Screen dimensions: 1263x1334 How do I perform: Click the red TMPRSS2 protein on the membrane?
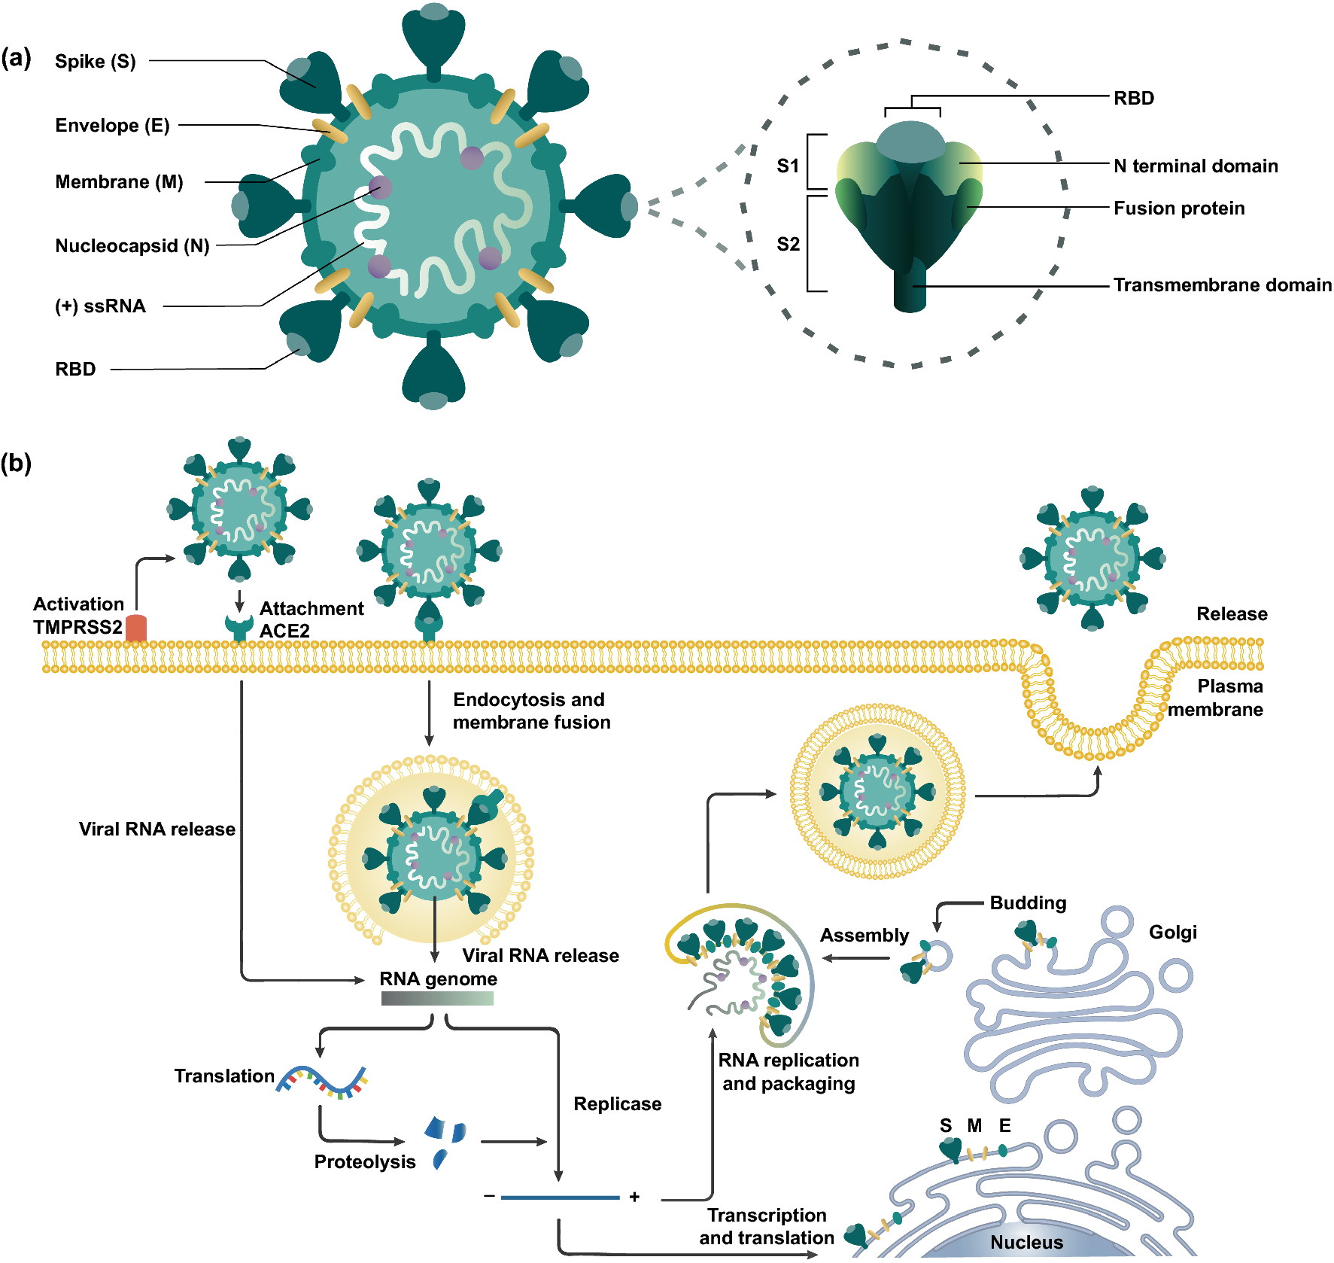pyautogui.click(x=136, y=628)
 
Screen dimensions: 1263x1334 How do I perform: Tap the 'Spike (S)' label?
pyautogui.click(x=96, y=62)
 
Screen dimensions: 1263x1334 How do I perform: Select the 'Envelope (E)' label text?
pyautogui.click(x=112, y=126)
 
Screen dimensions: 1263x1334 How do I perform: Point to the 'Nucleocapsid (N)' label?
pyautogui.click(x=132, y=246)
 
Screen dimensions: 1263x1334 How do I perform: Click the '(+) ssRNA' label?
pyautogui.click(x=100, y=306)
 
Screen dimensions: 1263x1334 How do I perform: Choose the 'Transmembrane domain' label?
pyautogui.click(x=1222, y=285)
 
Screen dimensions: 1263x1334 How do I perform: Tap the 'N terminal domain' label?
pyautogui.click(x=1196, y=166)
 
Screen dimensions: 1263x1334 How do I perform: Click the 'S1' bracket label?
pyautogui.click(x=788, y=166)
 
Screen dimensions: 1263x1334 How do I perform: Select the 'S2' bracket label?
pyautogui.click(x=788, y=244)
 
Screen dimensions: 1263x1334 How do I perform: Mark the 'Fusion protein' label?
pyautogui.click(x=1179, y=208)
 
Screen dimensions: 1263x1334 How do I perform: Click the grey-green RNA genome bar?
pyautogui.click(x=437, y=999)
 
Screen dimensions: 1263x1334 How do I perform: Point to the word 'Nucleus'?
pyautogui.click(x=1026, y=1242)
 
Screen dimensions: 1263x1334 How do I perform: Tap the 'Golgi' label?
pyautogui.click(x=1172, y=933)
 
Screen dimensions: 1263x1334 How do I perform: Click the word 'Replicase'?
pyautogui.click(x=617, y=1104)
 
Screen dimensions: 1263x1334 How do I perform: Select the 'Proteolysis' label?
pyautogui.click(x=365, y=1162)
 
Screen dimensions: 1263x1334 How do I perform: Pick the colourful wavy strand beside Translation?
pyautogui.click(x=322, y=1081)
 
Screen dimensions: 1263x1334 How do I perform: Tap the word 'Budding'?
pyautogui.click(x=1028, y=903)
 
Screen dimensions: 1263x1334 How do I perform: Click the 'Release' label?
pyautogui.click(x=1232, y=614)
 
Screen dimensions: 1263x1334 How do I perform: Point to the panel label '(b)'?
pyautogui.click(x=16, y=463)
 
